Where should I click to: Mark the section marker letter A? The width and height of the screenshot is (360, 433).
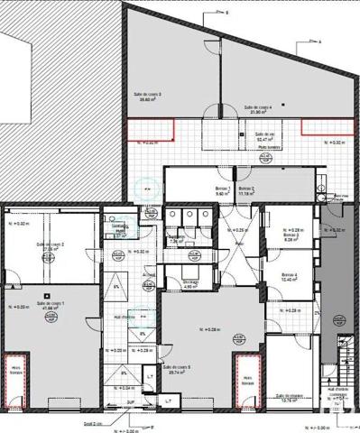click(319, 41)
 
